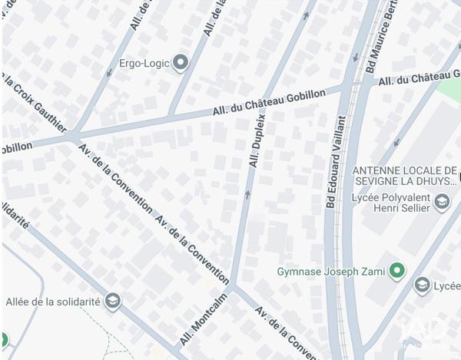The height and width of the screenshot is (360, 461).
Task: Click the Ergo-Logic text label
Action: [x=144, y=63]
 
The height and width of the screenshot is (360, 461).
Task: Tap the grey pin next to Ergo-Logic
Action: [x=181, y=62]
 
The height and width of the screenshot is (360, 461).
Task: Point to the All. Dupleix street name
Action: [x=257, y=140]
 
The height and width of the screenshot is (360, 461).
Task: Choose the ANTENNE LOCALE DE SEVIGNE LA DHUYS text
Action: [x=404, y=176]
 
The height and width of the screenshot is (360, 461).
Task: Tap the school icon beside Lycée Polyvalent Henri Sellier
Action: [x=442, y=203]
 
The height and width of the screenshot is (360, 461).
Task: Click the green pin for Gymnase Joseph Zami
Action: [x=396, y=270]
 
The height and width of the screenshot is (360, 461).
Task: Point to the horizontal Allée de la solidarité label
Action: [x=53, y=301]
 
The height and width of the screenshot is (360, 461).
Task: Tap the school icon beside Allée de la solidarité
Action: [x=114, y=300]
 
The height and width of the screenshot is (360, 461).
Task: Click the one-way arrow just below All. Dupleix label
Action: [x=247, y=193]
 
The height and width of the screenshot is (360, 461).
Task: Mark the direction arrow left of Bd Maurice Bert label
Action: [x=355, y=58]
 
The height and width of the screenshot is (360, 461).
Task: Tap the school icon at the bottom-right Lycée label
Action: [x=422, y=286]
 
